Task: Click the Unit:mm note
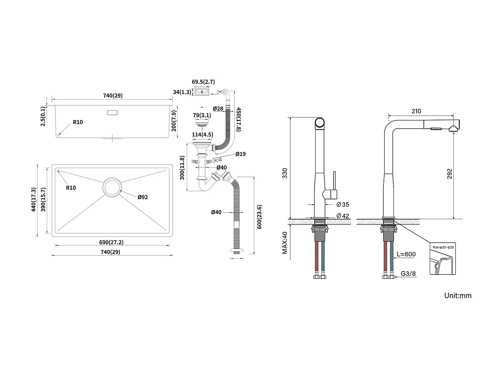457,295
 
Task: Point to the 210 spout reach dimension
416,111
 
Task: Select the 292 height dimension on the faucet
449,174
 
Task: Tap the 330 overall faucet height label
284,173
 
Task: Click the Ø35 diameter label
343,204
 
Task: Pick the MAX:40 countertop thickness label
285,242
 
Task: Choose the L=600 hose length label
406,254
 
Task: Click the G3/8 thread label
408,273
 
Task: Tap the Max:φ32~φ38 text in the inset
443,247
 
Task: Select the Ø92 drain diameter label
143,197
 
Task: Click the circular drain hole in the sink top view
112,187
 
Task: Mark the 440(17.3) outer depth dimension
33,200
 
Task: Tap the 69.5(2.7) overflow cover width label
203,82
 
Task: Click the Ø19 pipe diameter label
240,154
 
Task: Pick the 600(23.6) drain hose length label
259,217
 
